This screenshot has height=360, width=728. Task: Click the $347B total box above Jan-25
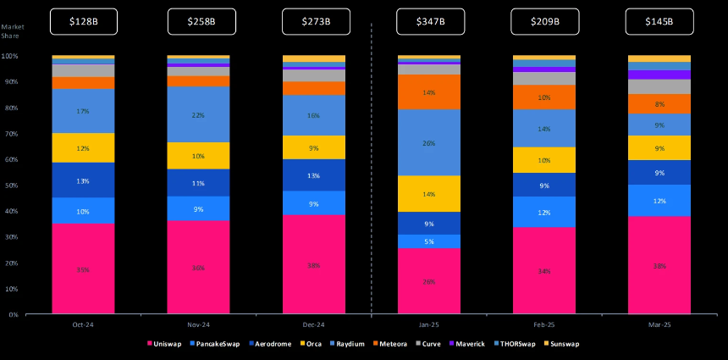click(429, 20)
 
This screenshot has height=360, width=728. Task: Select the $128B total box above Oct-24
click(83, 20)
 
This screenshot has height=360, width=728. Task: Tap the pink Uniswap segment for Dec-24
click(314, 264)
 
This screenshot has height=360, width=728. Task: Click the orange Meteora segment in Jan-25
click(429, 91)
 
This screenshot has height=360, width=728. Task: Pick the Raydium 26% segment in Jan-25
click(429, 142)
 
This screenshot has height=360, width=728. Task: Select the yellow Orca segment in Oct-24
click(83, 148)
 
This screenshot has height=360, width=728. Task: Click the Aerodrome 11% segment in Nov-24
click(198, 182)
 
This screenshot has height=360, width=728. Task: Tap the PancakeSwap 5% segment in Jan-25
click(429, 241)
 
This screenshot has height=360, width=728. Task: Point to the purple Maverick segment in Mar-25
click(659, 75)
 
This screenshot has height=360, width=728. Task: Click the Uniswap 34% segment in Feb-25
click(544, 271)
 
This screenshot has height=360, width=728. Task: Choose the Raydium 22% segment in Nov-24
click(198, 114)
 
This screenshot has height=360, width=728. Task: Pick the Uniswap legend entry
click(166, 344)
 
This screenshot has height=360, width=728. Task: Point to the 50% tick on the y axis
click(11, 186)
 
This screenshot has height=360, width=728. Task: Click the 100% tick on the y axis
click(10, 56)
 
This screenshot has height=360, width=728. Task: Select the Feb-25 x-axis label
click(544, 325)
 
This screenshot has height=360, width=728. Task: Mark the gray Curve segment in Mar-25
click(659, 86)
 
